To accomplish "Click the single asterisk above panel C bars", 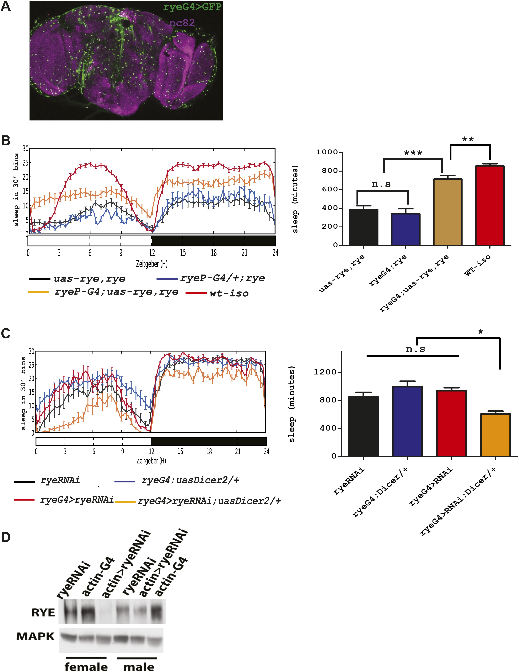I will click(480, 332).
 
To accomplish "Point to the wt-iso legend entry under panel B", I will click(229, 293).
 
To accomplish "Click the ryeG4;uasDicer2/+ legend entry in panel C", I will click(190, 480).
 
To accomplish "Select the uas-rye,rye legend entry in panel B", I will click(89, 279).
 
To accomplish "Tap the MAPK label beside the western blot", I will click(35, 636).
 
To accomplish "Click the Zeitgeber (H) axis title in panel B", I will click(151, 264).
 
